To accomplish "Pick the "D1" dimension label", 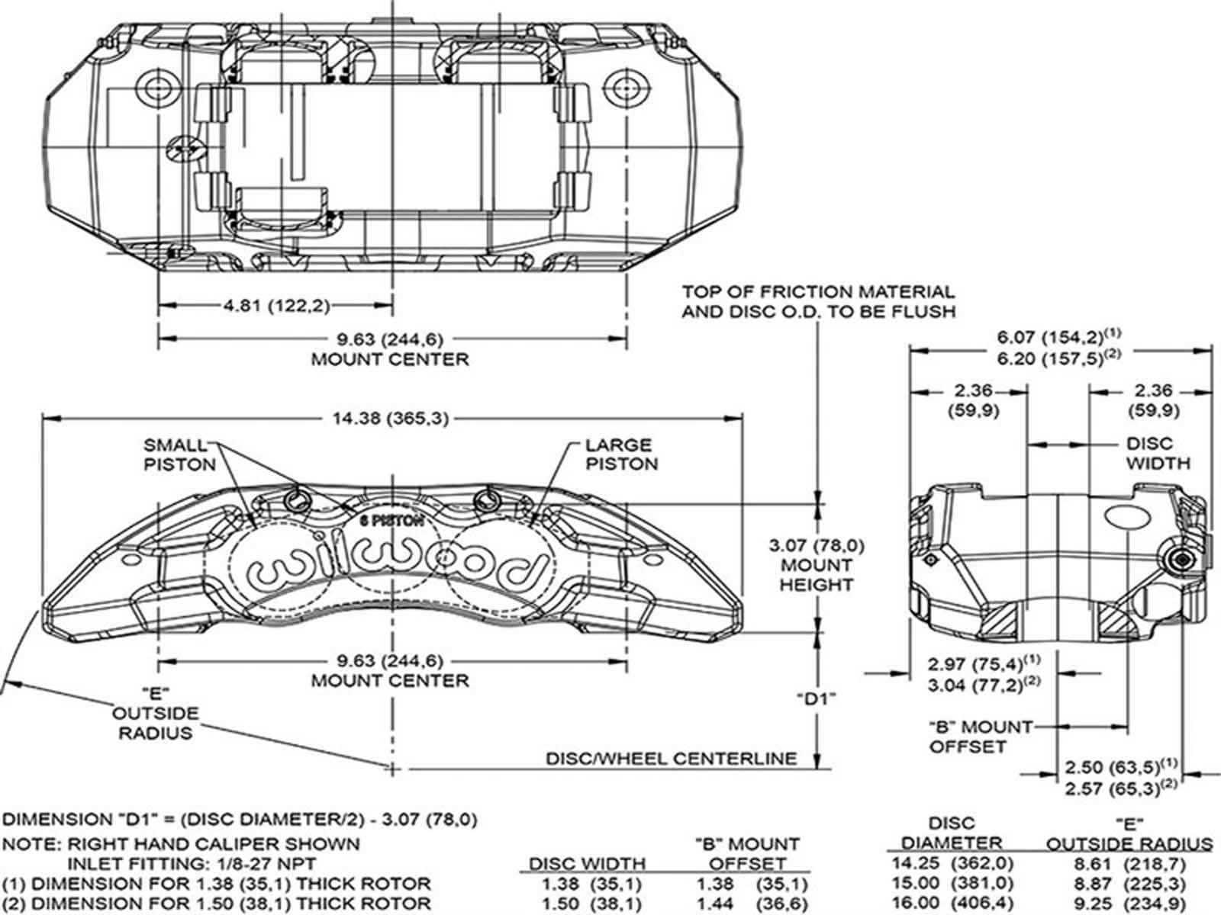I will (816, 698).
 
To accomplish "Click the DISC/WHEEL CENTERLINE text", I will (671, 759).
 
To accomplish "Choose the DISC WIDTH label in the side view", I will (1157, 453).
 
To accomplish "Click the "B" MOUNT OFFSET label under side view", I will (980, 737).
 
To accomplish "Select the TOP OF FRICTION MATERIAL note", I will (818, 301).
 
